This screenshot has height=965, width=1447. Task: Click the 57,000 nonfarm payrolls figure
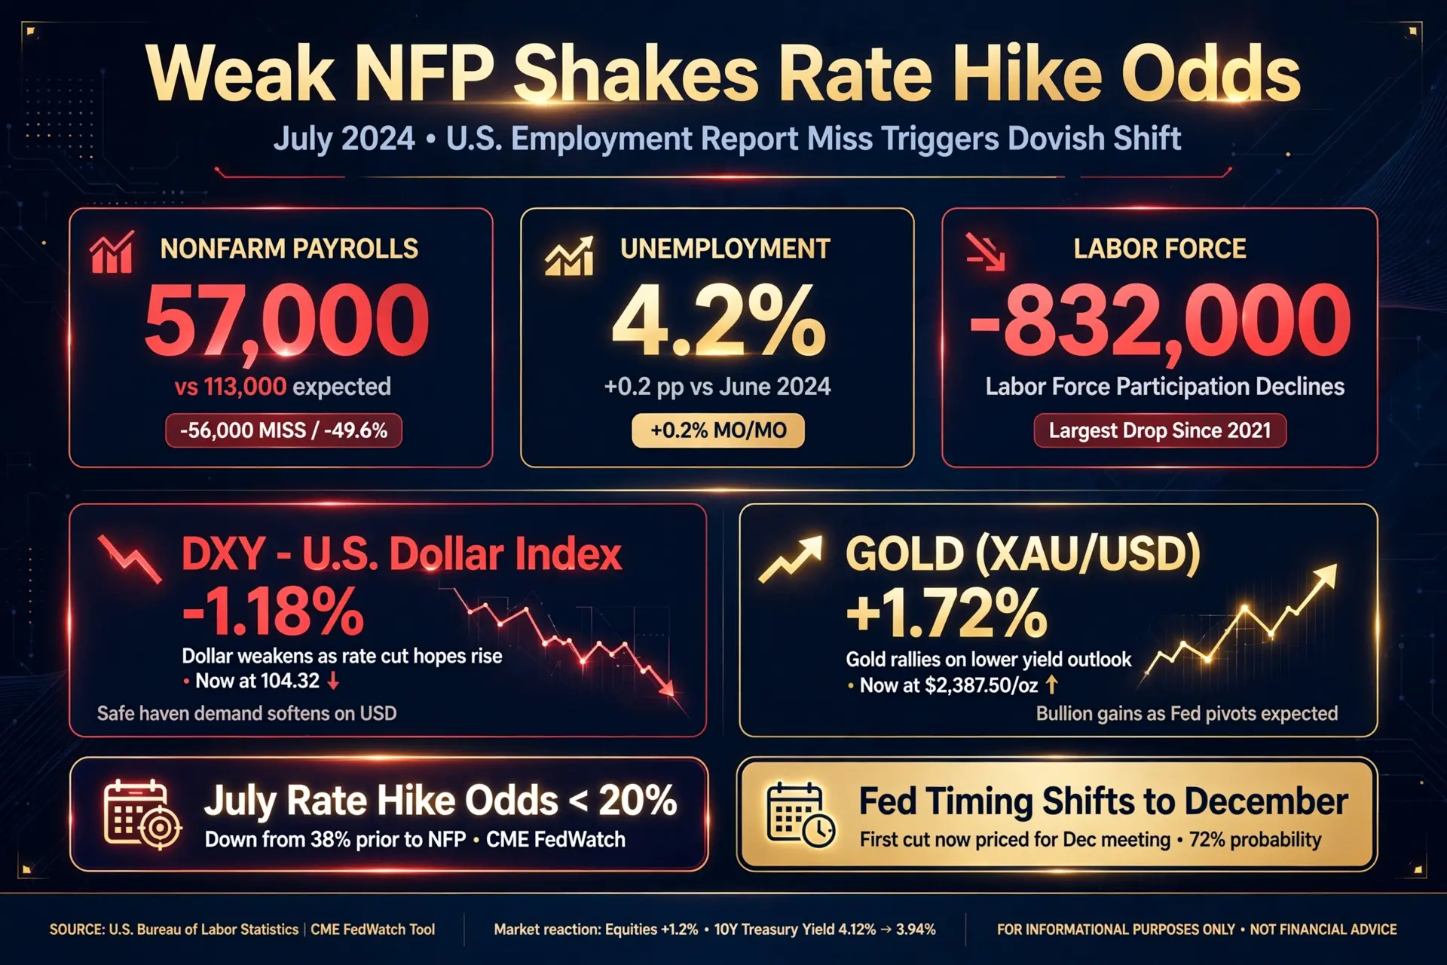[286, 320]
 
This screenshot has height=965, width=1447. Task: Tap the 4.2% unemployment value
[718, 320]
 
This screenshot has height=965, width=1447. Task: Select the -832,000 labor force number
[1160, 320]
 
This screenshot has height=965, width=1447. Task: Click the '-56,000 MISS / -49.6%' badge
[283, 430]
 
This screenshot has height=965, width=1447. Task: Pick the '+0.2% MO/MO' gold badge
[718, 430]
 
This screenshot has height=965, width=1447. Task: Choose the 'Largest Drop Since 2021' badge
[1160, 430]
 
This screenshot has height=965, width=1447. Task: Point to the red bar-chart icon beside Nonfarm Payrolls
[112, 252]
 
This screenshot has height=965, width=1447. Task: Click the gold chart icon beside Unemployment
[569, 255]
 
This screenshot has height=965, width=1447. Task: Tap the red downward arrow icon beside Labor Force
[986, 252]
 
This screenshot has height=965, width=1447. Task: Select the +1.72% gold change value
[947, 612]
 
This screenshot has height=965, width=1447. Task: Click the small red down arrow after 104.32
[333, 681]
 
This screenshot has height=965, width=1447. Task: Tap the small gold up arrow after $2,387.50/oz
[1051, 685]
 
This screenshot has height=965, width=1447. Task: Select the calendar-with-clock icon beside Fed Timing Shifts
[800, 815]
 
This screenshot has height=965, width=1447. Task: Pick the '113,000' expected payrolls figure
[245, 387]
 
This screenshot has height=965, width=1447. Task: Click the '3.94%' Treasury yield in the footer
[916, 930]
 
